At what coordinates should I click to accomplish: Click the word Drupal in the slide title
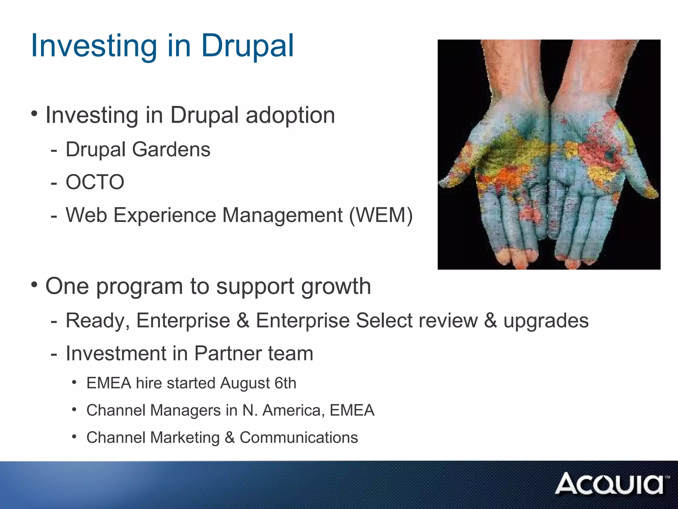click(247, 46)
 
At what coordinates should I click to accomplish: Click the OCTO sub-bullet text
click(95, 182)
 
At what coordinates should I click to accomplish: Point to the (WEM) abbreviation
click(381, 215)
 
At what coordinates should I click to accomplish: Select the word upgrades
click(546, 321)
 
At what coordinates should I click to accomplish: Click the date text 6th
click(285, 383)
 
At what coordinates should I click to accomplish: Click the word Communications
click(299, 438)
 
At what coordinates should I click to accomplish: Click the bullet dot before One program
click(34, 284)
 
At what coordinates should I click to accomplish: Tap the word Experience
click(165, 215)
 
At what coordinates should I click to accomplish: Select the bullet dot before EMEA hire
click(74, 382)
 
